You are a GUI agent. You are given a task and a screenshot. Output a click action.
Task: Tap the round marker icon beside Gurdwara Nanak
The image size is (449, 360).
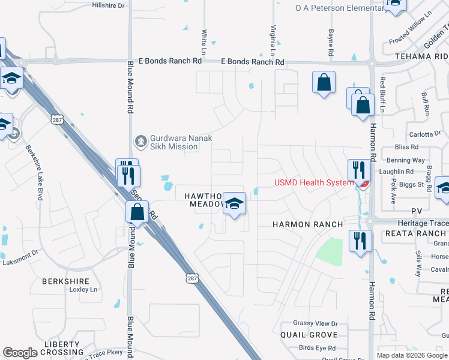pyautogui.click(x=140, y=142)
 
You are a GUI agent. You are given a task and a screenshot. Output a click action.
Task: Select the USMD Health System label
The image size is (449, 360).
pyautogui.click(x=314, y=183)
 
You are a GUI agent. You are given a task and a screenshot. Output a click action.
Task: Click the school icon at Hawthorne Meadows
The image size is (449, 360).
pyautogui.click(x=234, y=203)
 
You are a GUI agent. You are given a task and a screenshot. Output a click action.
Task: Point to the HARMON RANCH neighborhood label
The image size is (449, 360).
pyautogui.click(x=307, y=224)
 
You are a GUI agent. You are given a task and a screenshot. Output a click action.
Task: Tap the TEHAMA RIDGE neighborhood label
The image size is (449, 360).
pyautogui.click(x=421, y=56)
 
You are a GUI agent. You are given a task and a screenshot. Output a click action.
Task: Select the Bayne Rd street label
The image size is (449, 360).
pyautogui.click(x=331, y=44)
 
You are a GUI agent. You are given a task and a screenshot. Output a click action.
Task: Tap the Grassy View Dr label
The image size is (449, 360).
pyautogui.click(x=315, y=323)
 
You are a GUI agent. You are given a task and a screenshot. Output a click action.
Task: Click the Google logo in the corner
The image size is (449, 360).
pyautogui.click(x=19, y=353)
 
